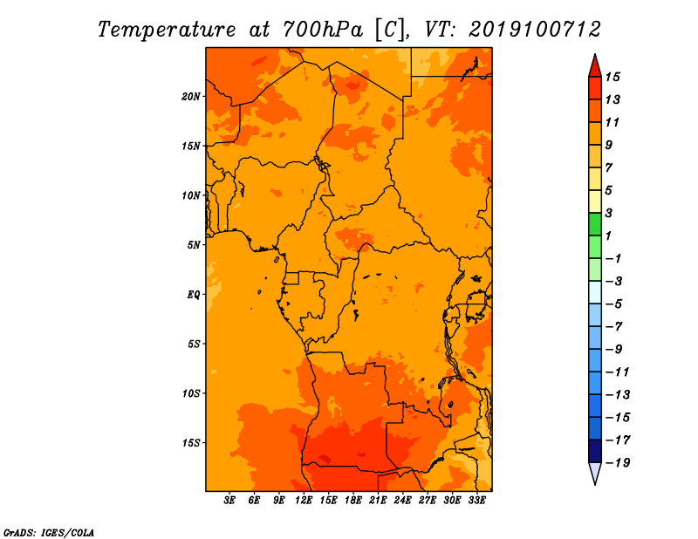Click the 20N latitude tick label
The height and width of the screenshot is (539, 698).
191,97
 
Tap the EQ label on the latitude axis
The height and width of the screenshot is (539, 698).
194,295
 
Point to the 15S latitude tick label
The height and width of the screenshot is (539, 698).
191,443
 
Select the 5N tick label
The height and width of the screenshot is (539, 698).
194,245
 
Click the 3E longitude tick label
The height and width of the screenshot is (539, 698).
229,501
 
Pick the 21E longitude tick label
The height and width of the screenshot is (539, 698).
378,501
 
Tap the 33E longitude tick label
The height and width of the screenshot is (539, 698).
476,501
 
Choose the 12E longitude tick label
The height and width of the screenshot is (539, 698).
304,501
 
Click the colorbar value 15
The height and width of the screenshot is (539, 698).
612,77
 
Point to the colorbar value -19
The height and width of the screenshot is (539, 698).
618,463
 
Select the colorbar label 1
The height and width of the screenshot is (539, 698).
608,235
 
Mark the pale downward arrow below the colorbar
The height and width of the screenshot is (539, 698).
595,473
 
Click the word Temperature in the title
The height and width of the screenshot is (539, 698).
167,30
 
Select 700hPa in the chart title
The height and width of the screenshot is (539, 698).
323,30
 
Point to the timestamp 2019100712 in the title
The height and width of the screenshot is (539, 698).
535,30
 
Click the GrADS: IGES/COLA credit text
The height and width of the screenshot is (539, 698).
49,532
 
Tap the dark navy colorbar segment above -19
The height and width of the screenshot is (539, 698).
595,451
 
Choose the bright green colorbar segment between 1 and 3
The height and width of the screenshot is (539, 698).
595,224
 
